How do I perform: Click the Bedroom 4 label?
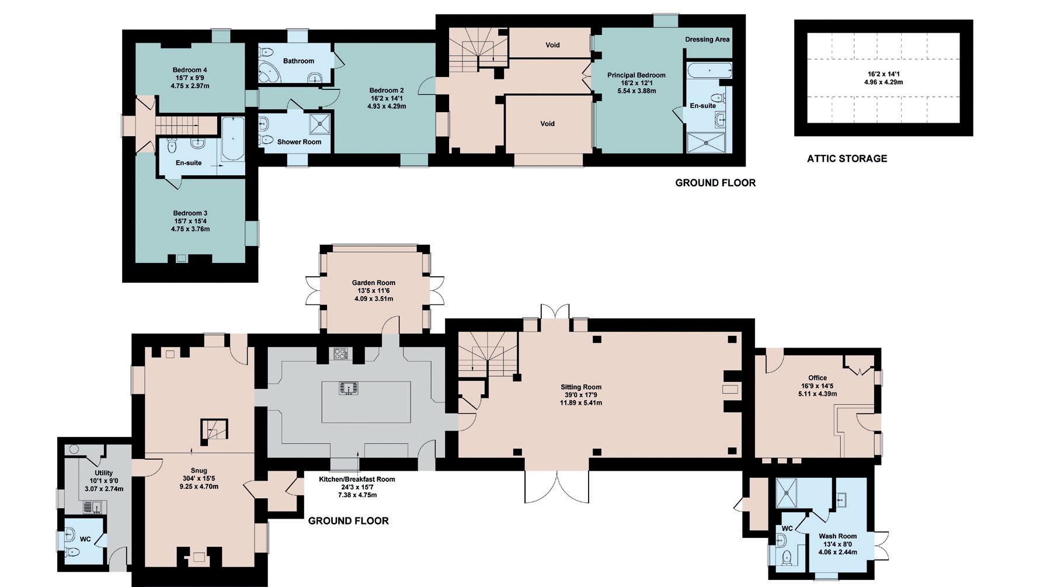coord(190,70)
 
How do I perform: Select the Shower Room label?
coord(299,142)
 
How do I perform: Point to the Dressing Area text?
coord(707,40)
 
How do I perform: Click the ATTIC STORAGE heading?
coord(847,158)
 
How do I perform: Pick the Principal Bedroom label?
coord(636,75)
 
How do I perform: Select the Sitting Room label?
coord(581,387)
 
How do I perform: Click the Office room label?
coord(818,378)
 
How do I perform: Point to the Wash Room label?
coord(837,536)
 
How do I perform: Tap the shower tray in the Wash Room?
coord(790,493)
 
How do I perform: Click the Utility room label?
coord(104,473)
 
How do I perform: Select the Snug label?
coord(199,470)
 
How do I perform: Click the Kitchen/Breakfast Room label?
coord(357,480)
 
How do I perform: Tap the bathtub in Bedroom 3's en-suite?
coord(232,140)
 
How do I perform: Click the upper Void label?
coord(552,45)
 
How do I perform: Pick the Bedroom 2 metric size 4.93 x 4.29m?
coord(387,106)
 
